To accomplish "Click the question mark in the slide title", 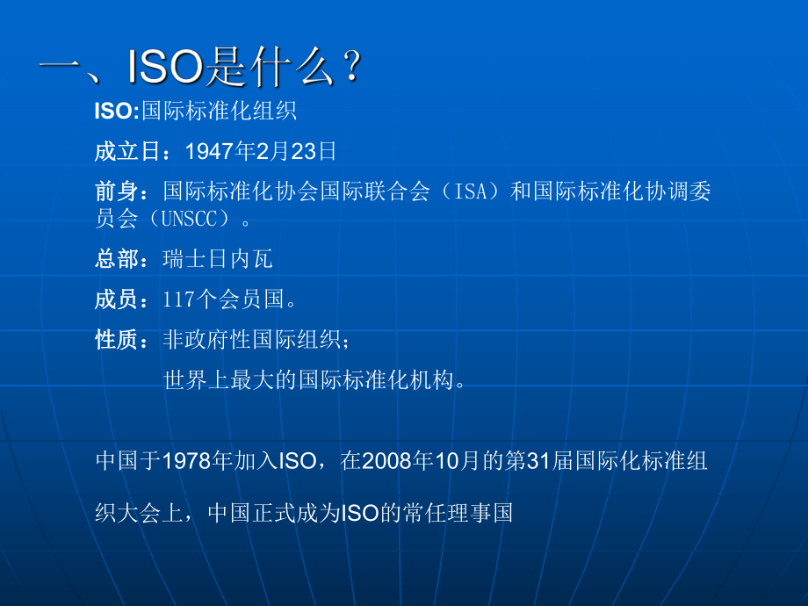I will (350, 69).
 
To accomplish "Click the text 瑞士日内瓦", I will (218, 259).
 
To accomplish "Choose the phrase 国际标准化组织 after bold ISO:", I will (219, 111).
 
